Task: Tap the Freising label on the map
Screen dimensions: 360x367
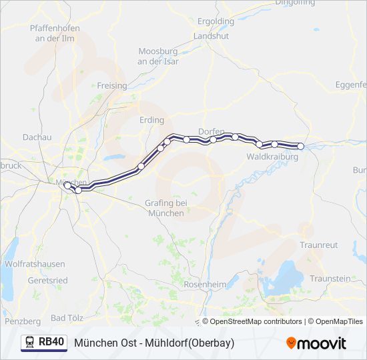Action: coord(111,86)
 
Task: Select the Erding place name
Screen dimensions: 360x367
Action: coord(151,120)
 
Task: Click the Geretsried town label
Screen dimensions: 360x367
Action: coord(47,281)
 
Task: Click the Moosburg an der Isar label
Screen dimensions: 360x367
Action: coord(157,56)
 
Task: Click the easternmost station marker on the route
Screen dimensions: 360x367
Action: coord(300,146)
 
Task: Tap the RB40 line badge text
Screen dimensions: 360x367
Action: coord(51,342)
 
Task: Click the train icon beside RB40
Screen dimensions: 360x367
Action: coord(30,342)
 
